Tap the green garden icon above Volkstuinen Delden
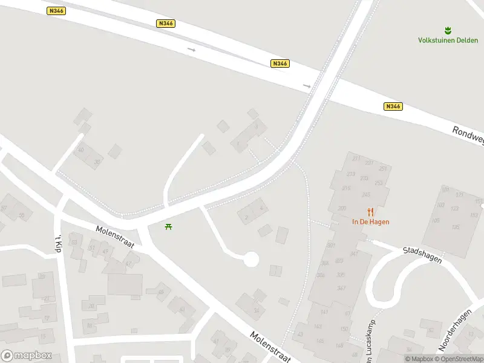pyautogui.click(x=448, y=30)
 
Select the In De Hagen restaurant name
pyautogui.click(x=371, y=221)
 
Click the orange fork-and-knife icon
pyautogui.click(x=371, y=211)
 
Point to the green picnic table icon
pyautogui.click(x=169, y=226)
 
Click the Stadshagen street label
pyautogui.click(x=422, y=255)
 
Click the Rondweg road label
pyautogui.click(x=468, y=136)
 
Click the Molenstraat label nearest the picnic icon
pyautogui.click(x=117, y=237)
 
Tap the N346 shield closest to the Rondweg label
pyautogui.click(x=393, y=106)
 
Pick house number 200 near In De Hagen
pyautogui.click(x=342, y=208)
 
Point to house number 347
pyautogui.click(x=341, y=287)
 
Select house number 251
pyautogui.click(x=382, y=169)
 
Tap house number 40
pyautogui.click(x=80, y=152)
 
